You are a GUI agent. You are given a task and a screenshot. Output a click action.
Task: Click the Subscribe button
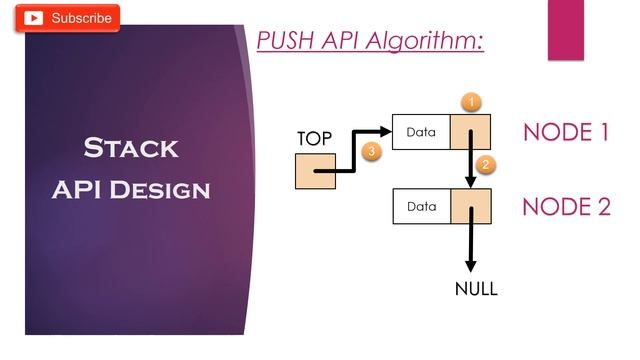tap(68, 18)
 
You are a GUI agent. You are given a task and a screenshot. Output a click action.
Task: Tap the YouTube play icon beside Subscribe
tap(35, 18)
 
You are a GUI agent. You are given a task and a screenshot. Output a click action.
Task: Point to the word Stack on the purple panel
tap(131, 149)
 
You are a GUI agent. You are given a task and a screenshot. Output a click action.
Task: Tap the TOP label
tap(314, 139)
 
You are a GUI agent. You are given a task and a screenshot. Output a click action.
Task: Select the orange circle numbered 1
tap(473, 101)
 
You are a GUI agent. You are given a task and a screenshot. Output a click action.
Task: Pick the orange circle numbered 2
tap(486, 165)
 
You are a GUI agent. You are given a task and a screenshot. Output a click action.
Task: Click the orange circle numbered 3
tap(371, 152)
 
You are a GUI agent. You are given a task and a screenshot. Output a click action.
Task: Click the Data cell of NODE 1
tap(422, 132)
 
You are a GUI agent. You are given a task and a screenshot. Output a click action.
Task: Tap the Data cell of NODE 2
tap(422, 206)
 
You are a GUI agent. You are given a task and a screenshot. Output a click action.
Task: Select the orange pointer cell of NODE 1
tap(470, 132)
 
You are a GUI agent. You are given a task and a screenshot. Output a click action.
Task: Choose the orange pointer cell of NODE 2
tap(470, 206)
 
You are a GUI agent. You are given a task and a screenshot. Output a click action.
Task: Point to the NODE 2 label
tap(566, 207)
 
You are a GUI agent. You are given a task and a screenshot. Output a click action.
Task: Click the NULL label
tap(476, 290)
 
